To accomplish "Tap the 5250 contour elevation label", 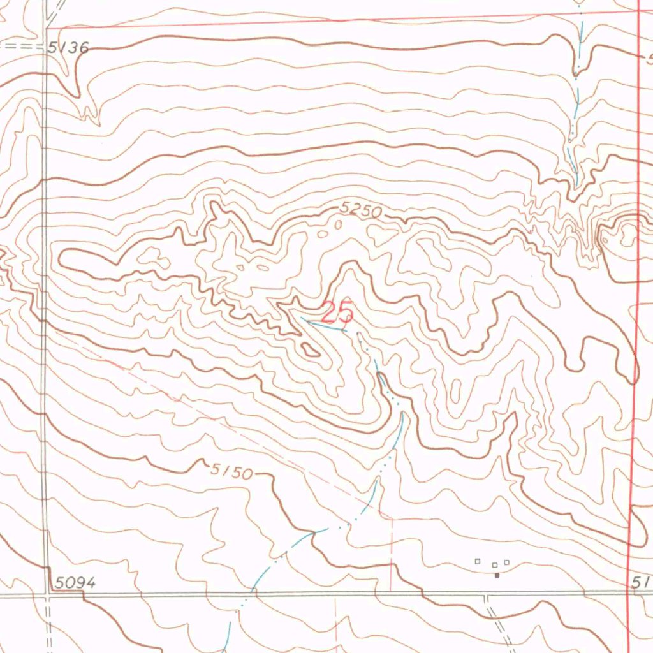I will (x=360, y=209).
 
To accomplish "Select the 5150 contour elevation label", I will (x=231, y=471).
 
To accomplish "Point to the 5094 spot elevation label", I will (x=75, y=582).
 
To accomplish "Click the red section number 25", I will (x=337, y=313).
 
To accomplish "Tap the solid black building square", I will (x=497, y=575).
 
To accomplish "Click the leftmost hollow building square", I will (x=477, y=561).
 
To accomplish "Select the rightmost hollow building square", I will (x=507, y=562).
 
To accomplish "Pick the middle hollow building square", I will (x=495, y=564).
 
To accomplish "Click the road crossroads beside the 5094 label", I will (x=47, y=594).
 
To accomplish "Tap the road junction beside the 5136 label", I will (x=45, y=47).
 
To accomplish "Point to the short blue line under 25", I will (x=325, y=326).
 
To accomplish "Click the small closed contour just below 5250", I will (x=339, y=224).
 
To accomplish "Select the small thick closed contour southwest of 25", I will (x=311, y=349).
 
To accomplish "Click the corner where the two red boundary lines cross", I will (x=639, y=11).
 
